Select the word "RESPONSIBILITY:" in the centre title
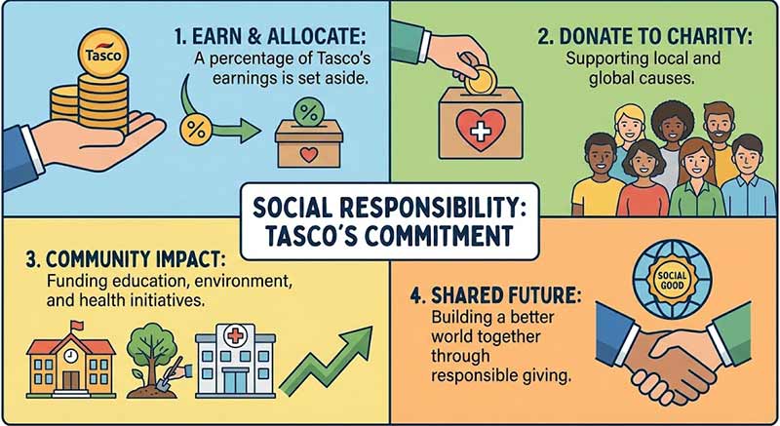click(462, 211)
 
